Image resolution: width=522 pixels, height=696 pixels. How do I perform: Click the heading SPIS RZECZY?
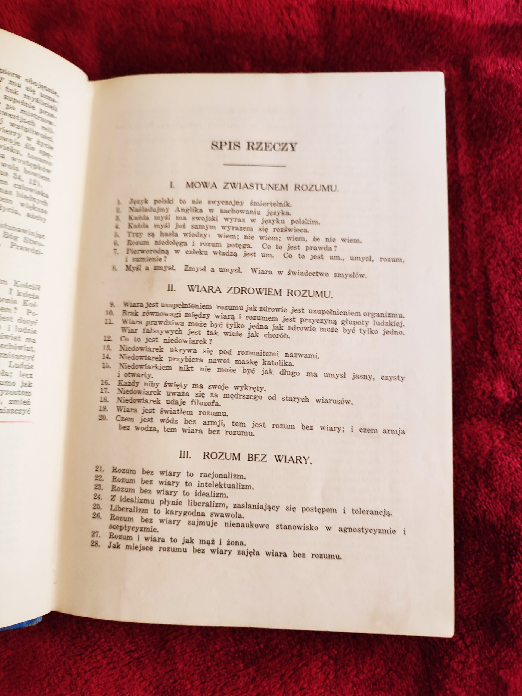(253, 147)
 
